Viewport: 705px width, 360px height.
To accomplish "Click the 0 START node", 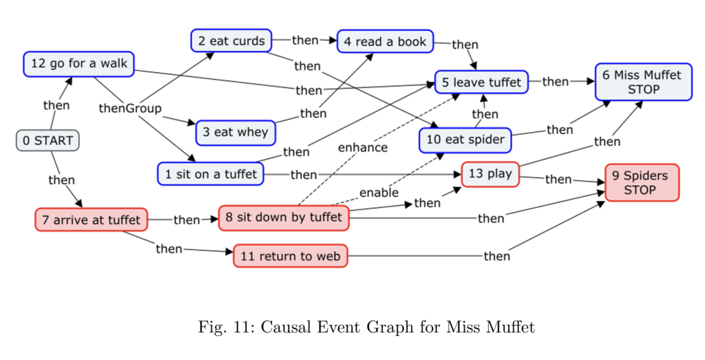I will [48, 140].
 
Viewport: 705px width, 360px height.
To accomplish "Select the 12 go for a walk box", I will [78, 64].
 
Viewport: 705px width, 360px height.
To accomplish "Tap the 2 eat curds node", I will [231, 41].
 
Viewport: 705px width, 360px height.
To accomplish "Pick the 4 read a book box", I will [385, 41].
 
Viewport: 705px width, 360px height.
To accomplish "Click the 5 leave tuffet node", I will [481, 82].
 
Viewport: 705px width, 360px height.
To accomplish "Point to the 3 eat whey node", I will [235, 132].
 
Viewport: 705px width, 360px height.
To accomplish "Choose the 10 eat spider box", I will [465, 140].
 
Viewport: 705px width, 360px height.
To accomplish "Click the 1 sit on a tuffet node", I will [211, 174].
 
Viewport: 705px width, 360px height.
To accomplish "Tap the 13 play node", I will [490, 173].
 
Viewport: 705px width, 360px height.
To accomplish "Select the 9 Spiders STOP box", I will [642, 182].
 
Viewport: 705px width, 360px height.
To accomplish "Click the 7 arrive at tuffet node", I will [91, 220].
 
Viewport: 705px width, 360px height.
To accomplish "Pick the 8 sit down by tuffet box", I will [283, 218].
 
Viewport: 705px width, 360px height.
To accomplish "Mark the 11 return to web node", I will [290, 256].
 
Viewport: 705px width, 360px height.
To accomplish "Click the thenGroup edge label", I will [130, 108].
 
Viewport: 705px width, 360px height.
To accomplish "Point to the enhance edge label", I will [362, 147].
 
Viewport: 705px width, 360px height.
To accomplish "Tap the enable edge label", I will [379, 192].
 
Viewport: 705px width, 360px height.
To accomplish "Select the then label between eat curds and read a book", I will [305, 40].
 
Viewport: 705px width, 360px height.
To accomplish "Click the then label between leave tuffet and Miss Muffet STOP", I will [556, 82].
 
